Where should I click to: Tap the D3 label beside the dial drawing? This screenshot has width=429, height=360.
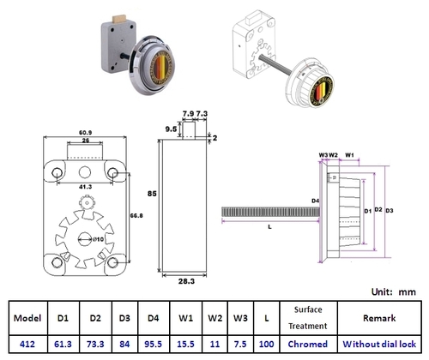tap(390, 210)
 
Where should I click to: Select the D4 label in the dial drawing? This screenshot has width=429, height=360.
tap(315, 201)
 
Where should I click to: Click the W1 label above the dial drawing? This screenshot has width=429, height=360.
tap(350, 155)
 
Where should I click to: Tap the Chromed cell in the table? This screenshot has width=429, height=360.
tap(306, 343)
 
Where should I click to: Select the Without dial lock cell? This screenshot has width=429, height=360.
tap(378, 343)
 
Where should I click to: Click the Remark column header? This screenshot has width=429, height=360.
tap(378, 316)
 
